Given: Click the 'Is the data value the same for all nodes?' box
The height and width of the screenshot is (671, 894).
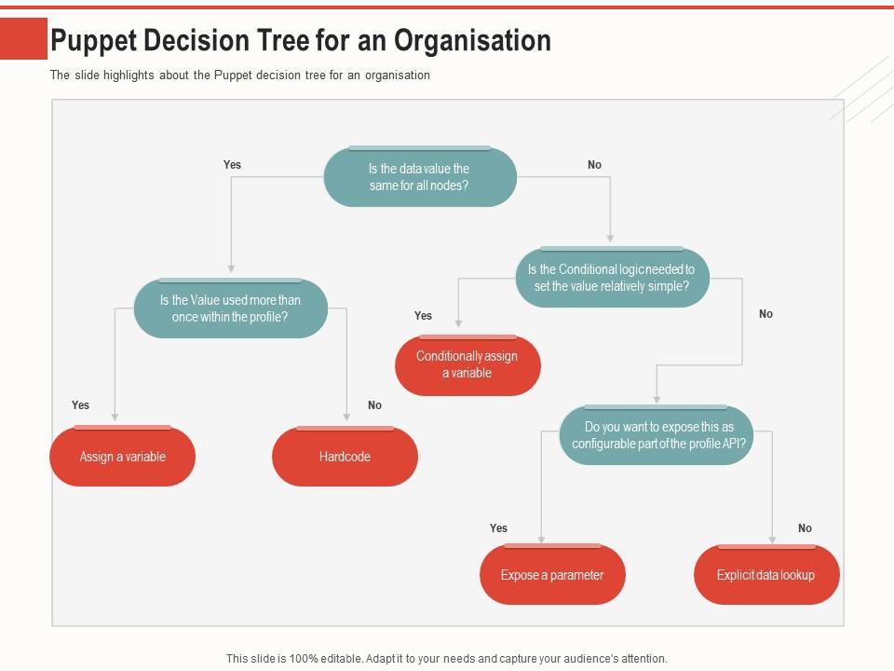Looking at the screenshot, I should (419, 177).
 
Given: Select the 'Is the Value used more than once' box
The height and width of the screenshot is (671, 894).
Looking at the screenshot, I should (230, 308).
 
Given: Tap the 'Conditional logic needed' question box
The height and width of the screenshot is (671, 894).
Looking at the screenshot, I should (612, 278).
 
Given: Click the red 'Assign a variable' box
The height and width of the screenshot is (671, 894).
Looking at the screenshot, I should (122, 457).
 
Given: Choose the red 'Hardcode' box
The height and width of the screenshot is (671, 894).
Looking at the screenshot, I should (345, 457).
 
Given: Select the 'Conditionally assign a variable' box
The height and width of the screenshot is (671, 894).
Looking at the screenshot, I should (467, 364).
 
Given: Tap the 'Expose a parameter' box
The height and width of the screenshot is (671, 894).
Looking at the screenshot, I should (552, 575).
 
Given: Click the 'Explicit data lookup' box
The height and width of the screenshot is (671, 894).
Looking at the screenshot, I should (765, 575).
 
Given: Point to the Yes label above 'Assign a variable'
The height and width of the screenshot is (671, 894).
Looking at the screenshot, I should (81, 405).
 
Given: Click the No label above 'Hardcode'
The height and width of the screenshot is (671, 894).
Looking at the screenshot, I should (374, 405).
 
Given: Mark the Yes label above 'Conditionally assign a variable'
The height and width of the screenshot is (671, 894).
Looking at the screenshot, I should (423, 316).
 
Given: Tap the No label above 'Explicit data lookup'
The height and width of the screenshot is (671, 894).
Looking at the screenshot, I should (805, 528).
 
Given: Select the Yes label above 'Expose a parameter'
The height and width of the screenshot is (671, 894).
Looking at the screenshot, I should (499, 528).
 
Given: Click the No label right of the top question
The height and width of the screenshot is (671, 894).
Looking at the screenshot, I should (594, 165).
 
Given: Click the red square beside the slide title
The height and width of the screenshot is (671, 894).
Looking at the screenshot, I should (23, 39).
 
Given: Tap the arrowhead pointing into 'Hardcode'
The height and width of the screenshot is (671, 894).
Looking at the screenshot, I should (346, 418).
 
